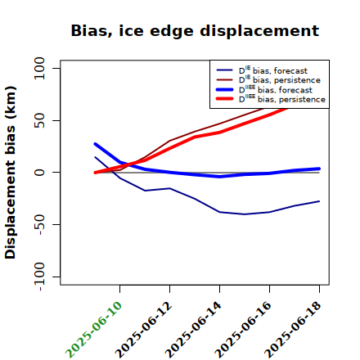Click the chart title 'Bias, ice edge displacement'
[x=195, y=31]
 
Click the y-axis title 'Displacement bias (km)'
[x=11, y=173]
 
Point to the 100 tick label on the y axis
[x=39, y=68]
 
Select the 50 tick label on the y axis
[x=39, y=120]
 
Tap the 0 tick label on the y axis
[x=39, y=173]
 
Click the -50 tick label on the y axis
[x=40, y=224]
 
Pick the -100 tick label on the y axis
[x=40, y=277]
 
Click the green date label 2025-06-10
[x=93, y=330]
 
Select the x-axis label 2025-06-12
[x=143, y=330]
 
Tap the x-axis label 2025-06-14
[x=193, y=330]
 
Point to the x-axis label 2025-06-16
[x=243, y=330]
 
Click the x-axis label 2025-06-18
[x=293, y=330]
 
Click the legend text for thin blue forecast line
[x=273, y=70]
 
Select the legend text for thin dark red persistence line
[x=280, y=79]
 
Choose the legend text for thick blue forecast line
[x=276, y=89]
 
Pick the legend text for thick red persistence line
[x=282, y=99]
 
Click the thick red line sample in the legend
[x=225, y=99]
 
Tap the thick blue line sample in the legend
[x=225, y=89]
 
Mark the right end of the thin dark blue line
[x=319, y=201]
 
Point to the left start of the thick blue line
[x=95, y=144]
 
